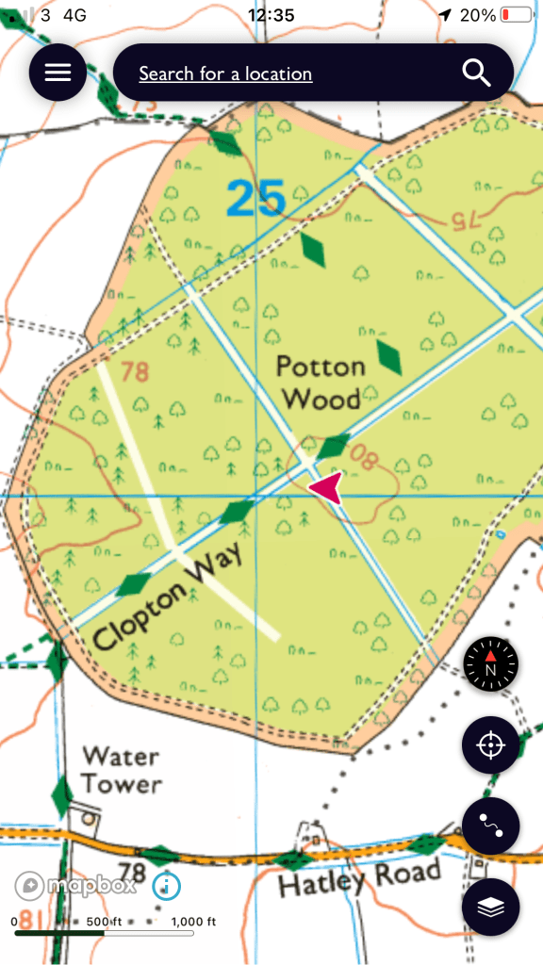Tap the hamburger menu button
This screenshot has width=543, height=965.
click(x=58, y=73)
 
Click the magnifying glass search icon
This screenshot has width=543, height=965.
click(x=476, y=73)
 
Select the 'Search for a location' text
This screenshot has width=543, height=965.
click(x=225, y=74)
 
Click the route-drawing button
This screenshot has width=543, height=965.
click(x=490, y=826)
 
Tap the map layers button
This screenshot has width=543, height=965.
click(x=490, y=907)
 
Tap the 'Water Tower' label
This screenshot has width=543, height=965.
click(x=121, y=769)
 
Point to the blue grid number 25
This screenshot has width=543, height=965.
click(x=255, y=199)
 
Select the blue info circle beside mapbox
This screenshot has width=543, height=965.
click(x=166, y=886)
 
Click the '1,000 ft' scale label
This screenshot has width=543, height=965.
click(x=194, y=922)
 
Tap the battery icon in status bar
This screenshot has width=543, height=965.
click(x=516, y=15)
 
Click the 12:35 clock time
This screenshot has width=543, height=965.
click(x=271, y=15)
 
